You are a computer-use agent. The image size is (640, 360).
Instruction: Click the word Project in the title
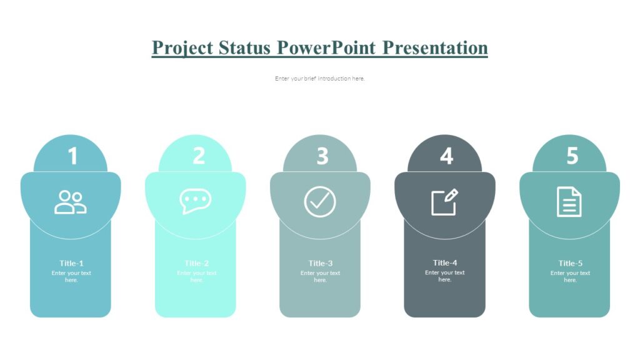tap(182, 48)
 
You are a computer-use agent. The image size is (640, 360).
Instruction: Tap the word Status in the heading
tap(246, 48)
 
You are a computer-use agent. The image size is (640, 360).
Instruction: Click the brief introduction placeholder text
tap(319, 79)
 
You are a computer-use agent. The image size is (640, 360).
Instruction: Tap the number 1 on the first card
tap(72, 156)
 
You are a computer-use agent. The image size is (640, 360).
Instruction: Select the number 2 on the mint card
tap(198, 156)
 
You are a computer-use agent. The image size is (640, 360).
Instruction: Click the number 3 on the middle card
tap(322, 156)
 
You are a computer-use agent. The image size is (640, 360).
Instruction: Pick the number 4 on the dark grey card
tap(446, 156)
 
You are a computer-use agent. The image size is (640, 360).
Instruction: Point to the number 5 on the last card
tap(572, 156)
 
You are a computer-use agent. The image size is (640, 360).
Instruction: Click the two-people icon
tap(70, 202)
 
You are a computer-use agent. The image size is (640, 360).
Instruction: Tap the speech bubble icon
tap(195, 201)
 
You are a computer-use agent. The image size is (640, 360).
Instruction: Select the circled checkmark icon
tap(320, 202)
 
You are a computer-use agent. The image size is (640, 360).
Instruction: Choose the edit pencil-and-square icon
tap(444, 202)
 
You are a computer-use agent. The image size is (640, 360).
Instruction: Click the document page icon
tap(569, 202)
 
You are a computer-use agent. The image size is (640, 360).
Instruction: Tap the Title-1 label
tap(71, 263)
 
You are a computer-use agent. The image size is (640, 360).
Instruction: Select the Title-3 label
tap(321, 263)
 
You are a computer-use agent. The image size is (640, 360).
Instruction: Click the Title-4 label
tap(445, 262)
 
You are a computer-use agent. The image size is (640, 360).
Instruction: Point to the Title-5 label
tap(571, 263)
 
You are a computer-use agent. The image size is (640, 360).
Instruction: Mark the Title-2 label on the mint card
tap(197, 263)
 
